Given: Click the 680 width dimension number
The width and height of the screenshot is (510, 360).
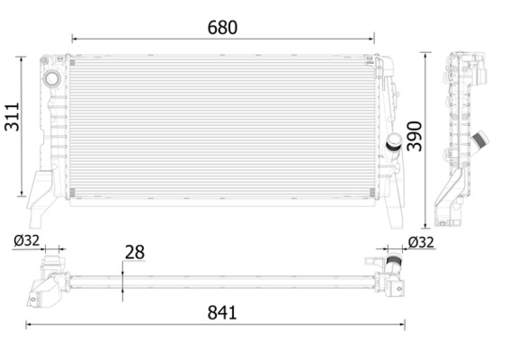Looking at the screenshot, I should click(222, 27).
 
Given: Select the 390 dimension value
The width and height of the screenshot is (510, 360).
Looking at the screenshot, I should click(413, 135).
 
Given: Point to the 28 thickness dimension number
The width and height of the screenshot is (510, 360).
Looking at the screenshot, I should click(134, 253).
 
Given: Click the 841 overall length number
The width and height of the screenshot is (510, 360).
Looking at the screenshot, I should click(221, 312).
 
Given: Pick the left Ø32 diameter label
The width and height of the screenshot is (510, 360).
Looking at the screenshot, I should click(27, 240).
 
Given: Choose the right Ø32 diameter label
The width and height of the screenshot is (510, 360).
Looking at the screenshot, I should click(421, 241).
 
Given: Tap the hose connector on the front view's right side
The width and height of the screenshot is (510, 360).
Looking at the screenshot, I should click(393, 143).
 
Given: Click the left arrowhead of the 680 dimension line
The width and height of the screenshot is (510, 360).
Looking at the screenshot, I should click(75, 39).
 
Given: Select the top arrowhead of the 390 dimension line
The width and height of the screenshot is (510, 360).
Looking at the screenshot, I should click(426, 56).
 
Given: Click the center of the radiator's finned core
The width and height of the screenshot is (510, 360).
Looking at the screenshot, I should click(222, 126).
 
